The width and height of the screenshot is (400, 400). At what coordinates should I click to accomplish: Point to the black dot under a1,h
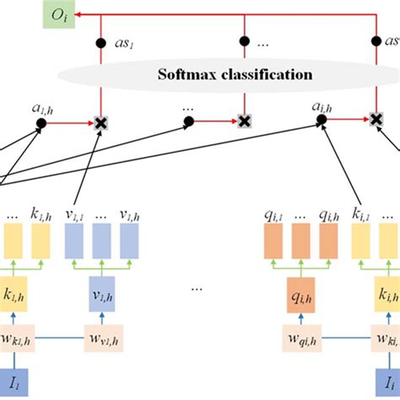(41, 123)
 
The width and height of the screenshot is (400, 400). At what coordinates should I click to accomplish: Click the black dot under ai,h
(322, 123)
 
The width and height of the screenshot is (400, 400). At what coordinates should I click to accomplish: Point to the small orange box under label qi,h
(327, 241)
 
